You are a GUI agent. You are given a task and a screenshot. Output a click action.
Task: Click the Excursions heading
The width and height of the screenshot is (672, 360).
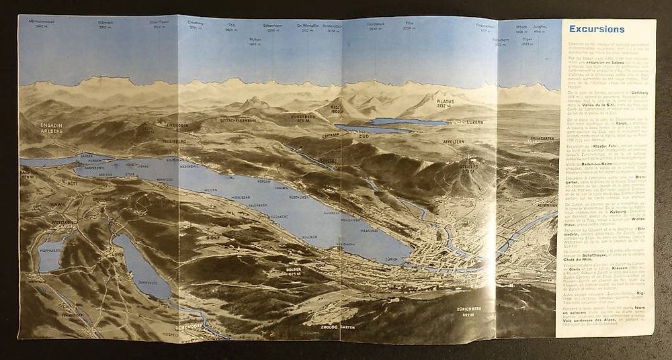coord(597,29)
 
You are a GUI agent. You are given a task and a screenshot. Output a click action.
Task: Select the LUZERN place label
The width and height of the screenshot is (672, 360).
coord(464,123)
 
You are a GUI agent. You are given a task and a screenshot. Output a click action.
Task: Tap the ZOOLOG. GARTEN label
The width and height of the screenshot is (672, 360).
coord(338,327)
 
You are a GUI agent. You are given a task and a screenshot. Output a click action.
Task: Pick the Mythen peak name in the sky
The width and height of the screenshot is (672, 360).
coord(255,40)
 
